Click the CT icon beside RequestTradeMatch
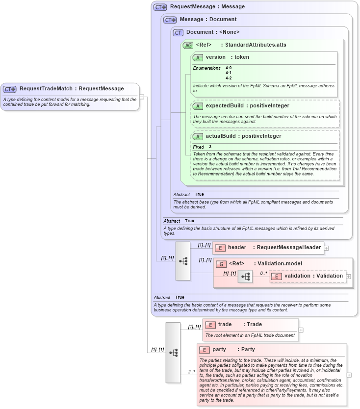coord(10,89)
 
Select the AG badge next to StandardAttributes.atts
coord(188,45)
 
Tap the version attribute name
coord(215,57)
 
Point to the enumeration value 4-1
coord(229,73)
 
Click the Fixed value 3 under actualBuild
coord(210,147)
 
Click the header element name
coord(237,248)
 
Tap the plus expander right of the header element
coord(327,248)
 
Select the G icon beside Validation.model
coord(221,264)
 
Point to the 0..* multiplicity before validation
coord(263,273)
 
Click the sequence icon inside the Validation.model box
coord(245,278)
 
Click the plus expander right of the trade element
coord(301,330)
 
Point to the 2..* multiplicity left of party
coord(191,372)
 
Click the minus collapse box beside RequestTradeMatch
coord(142,97)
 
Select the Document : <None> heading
coord(213,32)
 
